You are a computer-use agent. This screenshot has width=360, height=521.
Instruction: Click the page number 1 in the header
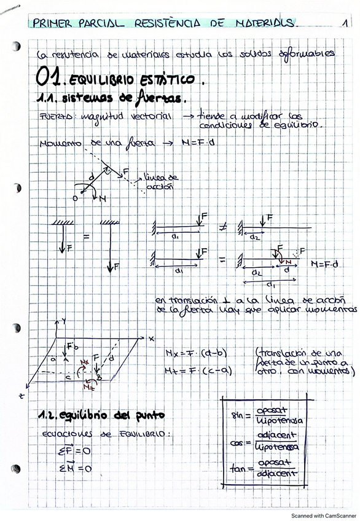346,24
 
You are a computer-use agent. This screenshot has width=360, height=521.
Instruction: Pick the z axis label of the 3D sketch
22,396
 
